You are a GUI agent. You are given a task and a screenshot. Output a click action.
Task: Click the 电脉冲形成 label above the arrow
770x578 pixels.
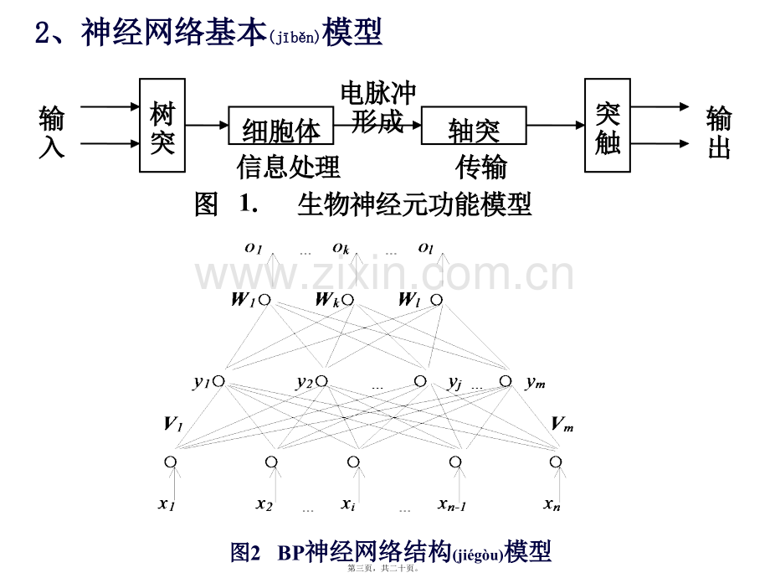pyautogui.click(x=378, y=107)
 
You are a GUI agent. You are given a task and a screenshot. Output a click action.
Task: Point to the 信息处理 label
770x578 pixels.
pyautogui.click(x=288, y=167)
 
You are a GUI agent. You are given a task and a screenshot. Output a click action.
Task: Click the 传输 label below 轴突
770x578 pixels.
pyautogui.click(x=481, y=167)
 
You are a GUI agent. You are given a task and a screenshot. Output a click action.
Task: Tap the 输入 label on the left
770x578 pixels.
pyautogui.click(x=52, y=132)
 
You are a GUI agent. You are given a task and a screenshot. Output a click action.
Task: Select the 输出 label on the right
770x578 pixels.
pyautogui.click(x=719, y=132)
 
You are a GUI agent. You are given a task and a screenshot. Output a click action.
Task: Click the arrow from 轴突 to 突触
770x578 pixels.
pyautogui.click(x=556, y=126)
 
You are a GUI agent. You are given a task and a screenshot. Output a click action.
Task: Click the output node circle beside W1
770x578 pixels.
pyautogui.click(x=264, y=299)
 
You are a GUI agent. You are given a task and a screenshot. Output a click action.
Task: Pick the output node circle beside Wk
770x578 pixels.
pyautogui.click(x=347, y=299)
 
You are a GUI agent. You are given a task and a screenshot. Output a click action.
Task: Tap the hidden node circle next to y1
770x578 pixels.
pyautogui.click(x=219, y=381)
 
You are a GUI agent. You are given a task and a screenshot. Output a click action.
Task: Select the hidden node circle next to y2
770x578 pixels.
pyautogui.click(x=321, y=381)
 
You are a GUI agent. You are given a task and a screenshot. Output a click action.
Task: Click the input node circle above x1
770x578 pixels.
pyautogui.click(x=171, y=462)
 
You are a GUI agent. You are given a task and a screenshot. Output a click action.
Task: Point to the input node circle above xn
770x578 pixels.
pyautogui.click(x=556, y=462)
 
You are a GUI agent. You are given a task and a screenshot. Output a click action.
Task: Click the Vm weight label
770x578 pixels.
pyautogui.click(x=562, y=424)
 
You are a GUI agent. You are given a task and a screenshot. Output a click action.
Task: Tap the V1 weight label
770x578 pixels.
pyautogui.click(x=173, y=424)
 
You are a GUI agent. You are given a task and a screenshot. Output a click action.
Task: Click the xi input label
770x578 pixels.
pyautogui.click(x=348, y=504)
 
